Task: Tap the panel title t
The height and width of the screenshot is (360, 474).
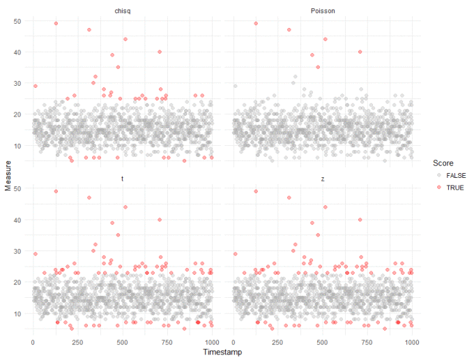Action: pyautogui.click(x=123, y=179)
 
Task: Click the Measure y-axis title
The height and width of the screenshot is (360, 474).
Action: pyautogui.click(x=8, y=177)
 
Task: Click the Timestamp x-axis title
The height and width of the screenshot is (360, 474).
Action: pyautogui.click(x=222, y=353)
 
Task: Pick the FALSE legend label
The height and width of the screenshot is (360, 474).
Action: pyautogui.click(x=455, y=176)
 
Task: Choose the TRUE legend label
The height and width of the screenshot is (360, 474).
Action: pyautogui.click(x=454, y=188)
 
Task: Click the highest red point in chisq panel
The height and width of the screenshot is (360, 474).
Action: pyautogui.click(x=56, y=23)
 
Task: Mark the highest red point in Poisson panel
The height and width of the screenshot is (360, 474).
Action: pyautogui.click(x=256, y=23)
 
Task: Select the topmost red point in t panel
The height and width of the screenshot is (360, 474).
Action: pyautogui.click(x=56, y=191)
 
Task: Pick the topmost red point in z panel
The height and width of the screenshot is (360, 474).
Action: pyautogui.click(x=256, y=191)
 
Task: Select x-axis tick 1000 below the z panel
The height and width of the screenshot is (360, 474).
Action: pyautogui.click(x=411, y=342)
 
